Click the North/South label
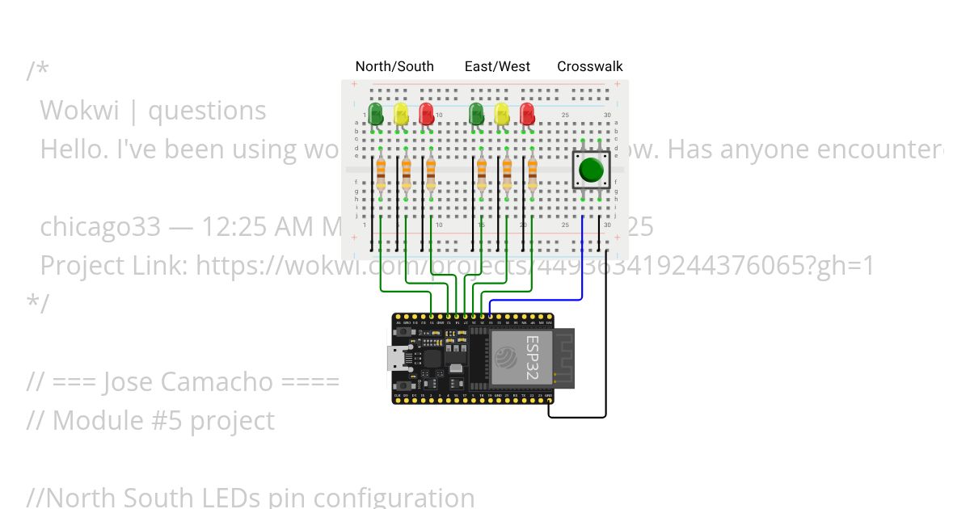click(394, 66)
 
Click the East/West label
click(497, 66)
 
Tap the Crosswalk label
click(590, 66)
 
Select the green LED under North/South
click(376, 113)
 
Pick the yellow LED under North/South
click(401, 113)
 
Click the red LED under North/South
click(426, 113)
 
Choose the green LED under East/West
click(476, 113)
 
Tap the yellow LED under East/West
click(501, 113)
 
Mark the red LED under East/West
click(527, 113)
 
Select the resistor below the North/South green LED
click(381, 174)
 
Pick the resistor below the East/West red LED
click(532, 174)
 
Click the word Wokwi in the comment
click(78, 110)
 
